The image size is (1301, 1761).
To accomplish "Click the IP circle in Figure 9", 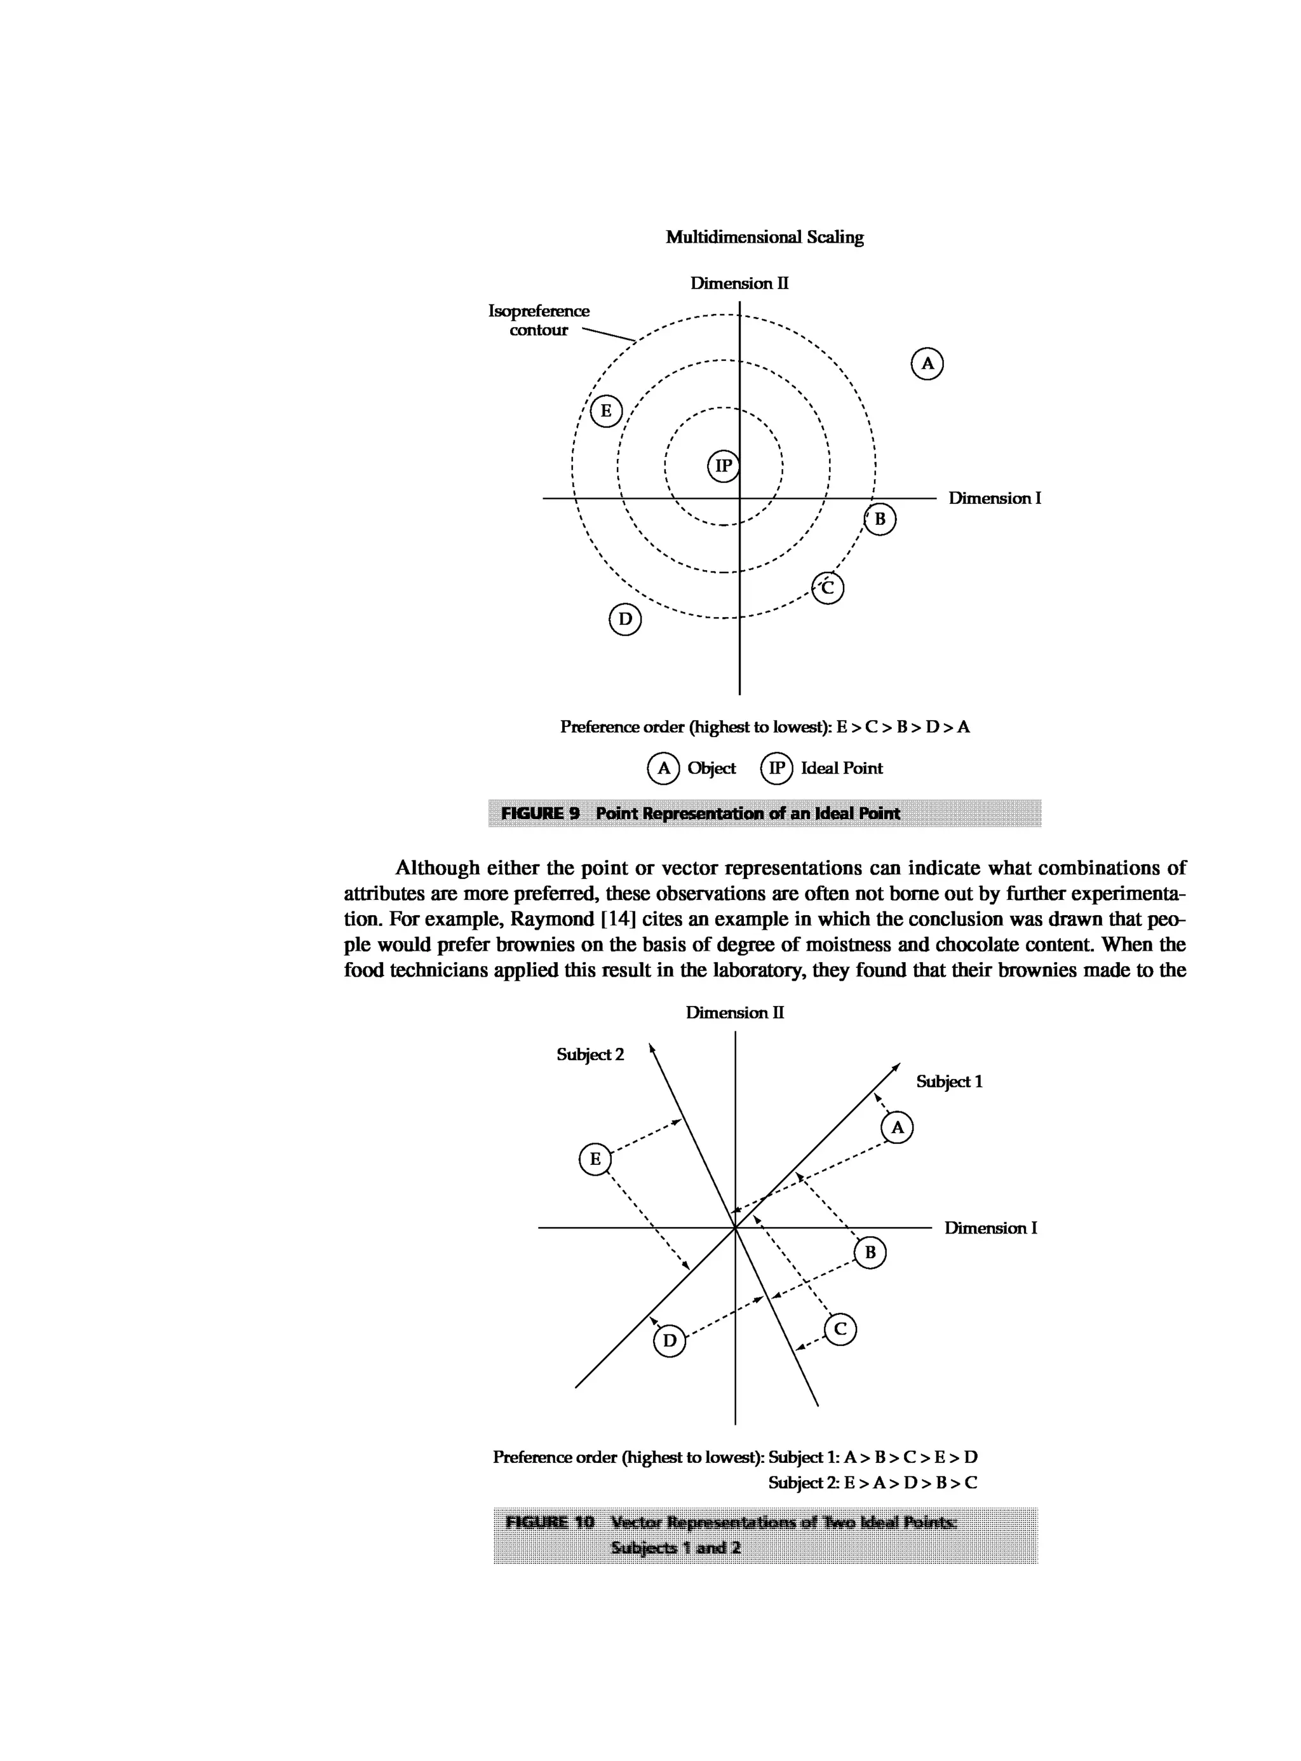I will coord(723,466).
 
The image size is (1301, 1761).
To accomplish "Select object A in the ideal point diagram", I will coord(927,364).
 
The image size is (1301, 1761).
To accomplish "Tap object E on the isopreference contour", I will coord(605,411).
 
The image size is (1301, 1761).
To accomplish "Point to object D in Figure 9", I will coord(625,619).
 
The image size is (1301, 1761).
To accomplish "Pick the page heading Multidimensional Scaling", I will coord(764,237).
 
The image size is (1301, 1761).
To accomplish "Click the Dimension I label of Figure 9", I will coord(994,498).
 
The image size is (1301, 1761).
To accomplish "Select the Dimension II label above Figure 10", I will coord(734,1012).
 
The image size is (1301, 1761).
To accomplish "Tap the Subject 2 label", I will coord(590,1054).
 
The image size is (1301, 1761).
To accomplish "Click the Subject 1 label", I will coord(948,1081).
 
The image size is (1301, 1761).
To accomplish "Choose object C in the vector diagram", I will coord(840,1330).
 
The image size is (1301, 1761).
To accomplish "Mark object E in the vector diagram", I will coord(595,1159).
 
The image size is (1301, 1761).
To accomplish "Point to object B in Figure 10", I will coord(870,1253).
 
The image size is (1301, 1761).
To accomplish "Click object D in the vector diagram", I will coord(670,1341).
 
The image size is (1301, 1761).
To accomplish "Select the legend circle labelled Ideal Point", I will coord(776,768).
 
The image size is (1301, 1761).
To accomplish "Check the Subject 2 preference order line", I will coord(873,1483).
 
